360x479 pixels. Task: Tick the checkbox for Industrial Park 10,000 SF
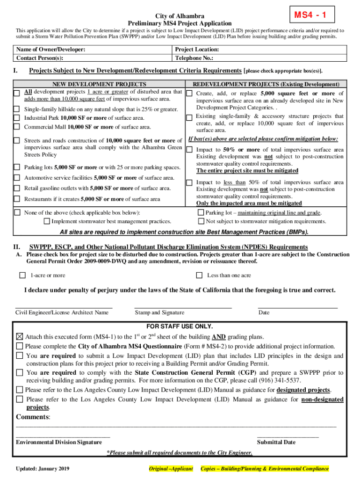(17, 118)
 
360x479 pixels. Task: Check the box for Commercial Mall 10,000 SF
(17, 127)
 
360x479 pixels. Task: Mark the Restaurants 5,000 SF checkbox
(17, 199)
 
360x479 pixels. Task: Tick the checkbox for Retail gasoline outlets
(17, 189)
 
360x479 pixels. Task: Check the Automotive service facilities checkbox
(17, 178)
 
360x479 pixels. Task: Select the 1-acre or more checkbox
(22, 276)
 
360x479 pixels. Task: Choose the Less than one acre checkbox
(199, 276)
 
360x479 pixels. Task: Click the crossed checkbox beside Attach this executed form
(19, 337)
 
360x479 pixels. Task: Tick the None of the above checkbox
(17, 213)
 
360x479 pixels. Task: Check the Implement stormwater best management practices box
(47, 221)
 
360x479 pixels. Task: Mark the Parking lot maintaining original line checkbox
(202, 213)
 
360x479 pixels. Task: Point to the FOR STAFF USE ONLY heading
(180, 326)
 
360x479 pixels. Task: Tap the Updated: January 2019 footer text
(43, 469)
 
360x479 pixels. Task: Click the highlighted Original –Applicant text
(171, 469)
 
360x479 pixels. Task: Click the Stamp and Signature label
(159, 312)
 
